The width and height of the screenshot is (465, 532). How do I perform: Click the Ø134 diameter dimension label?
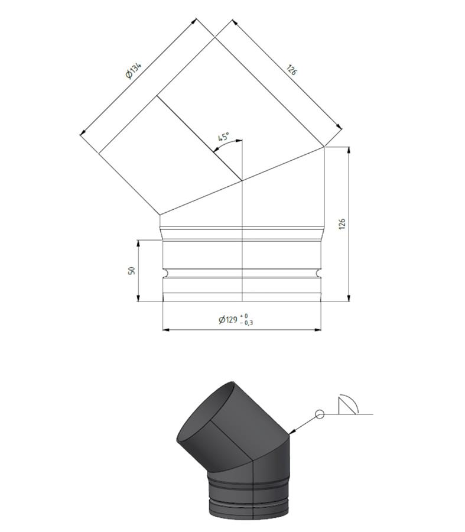[134, 70]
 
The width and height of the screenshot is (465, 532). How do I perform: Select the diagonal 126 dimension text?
[292, 70]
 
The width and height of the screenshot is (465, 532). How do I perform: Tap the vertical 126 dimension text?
[342, 224]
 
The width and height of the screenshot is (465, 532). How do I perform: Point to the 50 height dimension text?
[132, 270]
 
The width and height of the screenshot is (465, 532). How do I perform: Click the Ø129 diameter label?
[228, 320]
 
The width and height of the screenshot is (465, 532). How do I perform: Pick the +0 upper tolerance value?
[244, 316]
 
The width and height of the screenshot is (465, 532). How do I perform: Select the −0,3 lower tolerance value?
[246, 323]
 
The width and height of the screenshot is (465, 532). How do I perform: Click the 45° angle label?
[223, 137]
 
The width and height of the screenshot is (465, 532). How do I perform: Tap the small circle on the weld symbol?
[320, 414]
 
